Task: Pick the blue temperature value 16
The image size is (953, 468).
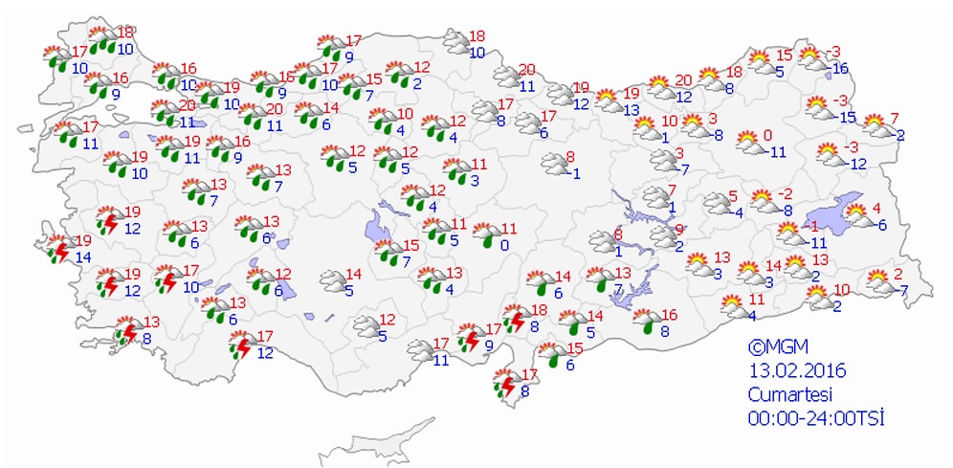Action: click(841, 68)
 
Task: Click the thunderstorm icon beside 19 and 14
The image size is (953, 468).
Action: click(61, 249)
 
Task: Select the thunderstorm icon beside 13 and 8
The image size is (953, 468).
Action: click(126, 332)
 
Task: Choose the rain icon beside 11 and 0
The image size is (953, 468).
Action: click(487, 235)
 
